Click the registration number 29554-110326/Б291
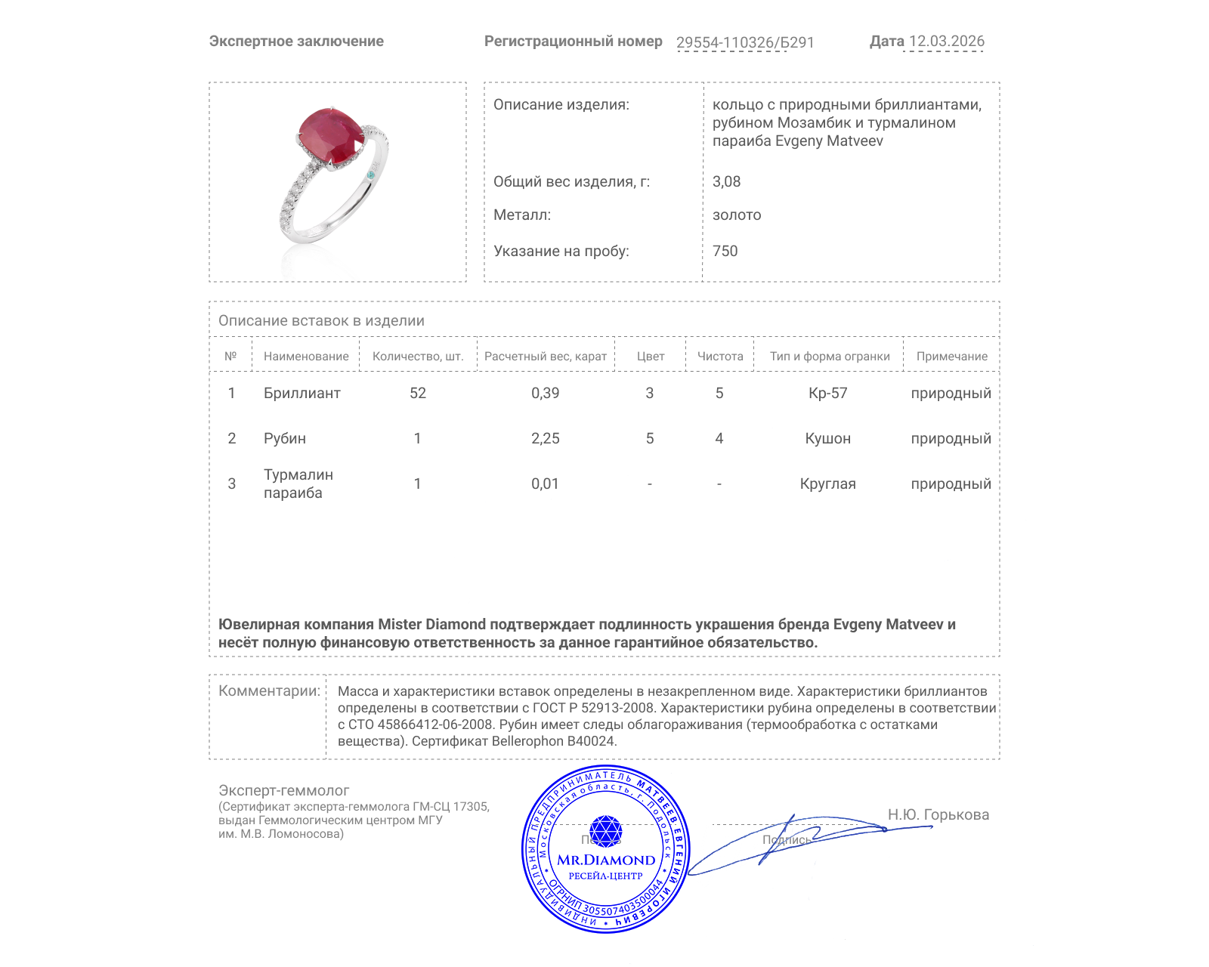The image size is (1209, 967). click(x=745, y=42)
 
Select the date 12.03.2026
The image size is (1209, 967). click(x=946, y=42)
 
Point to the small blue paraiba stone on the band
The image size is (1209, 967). click(x=370, y=175)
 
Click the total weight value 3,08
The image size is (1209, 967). click(x=726, y=181)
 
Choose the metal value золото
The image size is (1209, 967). click(x=737, y=215)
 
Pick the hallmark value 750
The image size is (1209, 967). click(x=725, y=251)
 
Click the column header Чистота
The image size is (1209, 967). click(x=719, y=357)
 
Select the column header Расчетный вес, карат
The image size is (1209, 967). click(x=545, y=357)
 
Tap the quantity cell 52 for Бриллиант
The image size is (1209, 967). click(x=417, y=393)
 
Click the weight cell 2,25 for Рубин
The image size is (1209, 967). click(x=545, y=438)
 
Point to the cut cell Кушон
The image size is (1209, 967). click(x=827, y=438)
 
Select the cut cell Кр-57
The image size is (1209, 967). click(x=827, y=393)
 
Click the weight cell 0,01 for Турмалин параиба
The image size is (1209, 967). click(x=545, y=483)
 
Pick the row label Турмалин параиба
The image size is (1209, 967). click(x=298, y=483)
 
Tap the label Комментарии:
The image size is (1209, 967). click(x=269, y=690)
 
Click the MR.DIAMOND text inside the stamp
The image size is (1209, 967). click(x=606, y=860)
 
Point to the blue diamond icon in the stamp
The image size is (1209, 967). click(x=605, y=830)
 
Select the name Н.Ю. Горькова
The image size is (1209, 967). click(x=938, y=814)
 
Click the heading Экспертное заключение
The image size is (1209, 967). click(x=296, y=42)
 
